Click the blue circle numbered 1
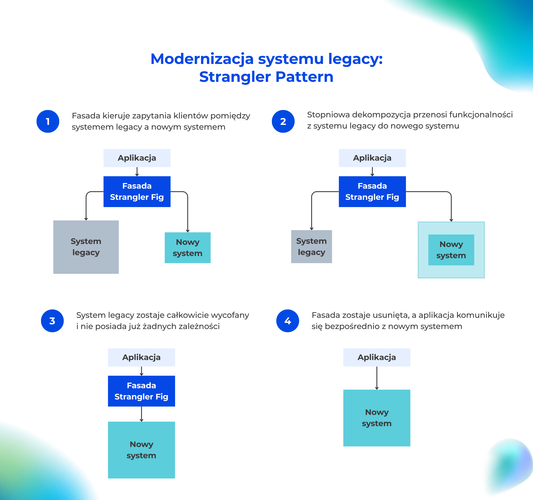pos(48,121)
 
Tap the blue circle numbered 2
pos(283,121)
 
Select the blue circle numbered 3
pos(52,321)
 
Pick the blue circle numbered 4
pos(288,321)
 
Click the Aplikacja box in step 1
pos(137,158)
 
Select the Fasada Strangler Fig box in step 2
pos(372,191)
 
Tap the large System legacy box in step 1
pos(86,247)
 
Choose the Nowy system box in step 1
pos(187,248)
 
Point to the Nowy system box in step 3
pos(141,450)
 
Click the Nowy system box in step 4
pos(377,418)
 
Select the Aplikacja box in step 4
pos(377,357)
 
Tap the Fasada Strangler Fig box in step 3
pos(141,391)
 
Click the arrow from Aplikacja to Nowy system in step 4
pos(377,378)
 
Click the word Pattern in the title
pos(304,77)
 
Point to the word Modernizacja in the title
pos(202,59)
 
